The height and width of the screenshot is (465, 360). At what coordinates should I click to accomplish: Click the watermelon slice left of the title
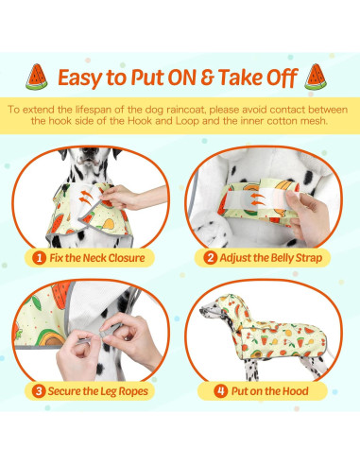37,77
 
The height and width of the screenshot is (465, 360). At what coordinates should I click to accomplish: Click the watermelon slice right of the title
316,77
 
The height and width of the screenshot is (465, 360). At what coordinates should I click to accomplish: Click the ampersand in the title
207,77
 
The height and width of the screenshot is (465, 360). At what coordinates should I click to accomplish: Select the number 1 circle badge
39,258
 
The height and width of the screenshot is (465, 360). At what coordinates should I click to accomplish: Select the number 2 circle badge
210,258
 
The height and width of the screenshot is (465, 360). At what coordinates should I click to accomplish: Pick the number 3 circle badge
39,391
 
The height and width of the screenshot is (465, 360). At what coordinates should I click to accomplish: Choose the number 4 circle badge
221,391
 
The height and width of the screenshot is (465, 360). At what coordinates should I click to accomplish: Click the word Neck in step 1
94,258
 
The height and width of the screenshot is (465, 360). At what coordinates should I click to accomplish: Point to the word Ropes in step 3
134,391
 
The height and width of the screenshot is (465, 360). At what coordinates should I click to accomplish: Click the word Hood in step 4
296,391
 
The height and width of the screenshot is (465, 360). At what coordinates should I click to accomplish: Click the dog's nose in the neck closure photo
90,151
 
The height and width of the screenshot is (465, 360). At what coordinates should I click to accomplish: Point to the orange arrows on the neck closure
85,198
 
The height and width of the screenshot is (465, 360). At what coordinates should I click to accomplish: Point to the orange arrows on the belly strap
258,199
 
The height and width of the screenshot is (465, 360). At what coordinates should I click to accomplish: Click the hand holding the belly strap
307,217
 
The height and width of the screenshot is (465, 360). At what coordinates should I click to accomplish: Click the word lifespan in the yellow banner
94,110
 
